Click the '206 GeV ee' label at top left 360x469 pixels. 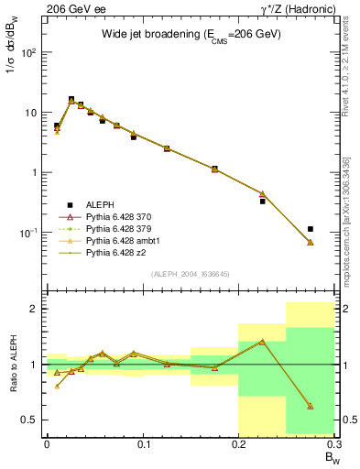(70, 8)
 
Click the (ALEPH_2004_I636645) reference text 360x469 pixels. (191, 274)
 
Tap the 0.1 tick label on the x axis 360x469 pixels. (142, 444)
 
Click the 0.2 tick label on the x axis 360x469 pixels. (238, 444)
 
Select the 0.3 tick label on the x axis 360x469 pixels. (333, 444)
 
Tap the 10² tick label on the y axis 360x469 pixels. (28, 52)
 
